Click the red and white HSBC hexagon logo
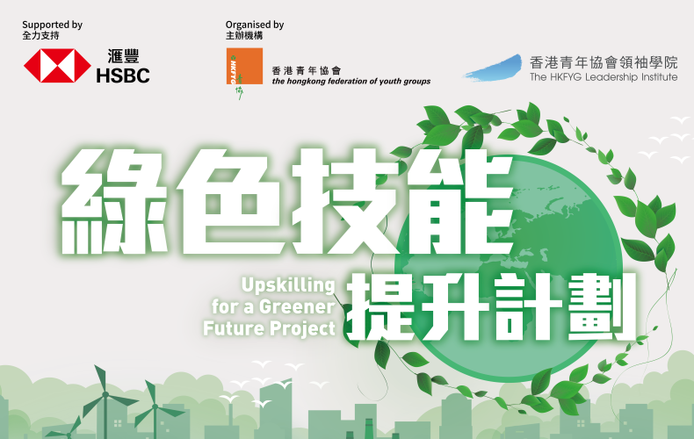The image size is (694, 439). click(x=57, y=66)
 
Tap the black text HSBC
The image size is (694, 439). click(x=123, y=76)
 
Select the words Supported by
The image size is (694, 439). click(x=52, y=25)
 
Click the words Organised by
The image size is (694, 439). click(x=255, y=25)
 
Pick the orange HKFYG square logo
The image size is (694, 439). click(x=244, y=66)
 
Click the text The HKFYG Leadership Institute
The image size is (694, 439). click(x=604, y=77)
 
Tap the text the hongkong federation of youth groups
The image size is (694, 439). click(x=351, y=82)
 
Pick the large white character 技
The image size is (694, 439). click(x=346, y=201)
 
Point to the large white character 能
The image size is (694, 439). click(x=460, y=201)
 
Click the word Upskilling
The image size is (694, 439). click(x=288, y=286)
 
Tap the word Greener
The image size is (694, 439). click(x=297, y=306)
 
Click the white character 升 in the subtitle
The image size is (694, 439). click(x=452, y=306)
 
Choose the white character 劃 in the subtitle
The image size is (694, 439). click(x=602, y=306)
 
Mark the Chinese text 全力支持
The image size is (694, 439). click(x=40, y=36)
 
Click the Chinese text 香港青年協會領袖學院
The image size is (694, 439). click(x=604, y=62)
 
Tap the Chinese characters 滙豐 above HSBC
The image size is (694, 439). click(x=124, y=57)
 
